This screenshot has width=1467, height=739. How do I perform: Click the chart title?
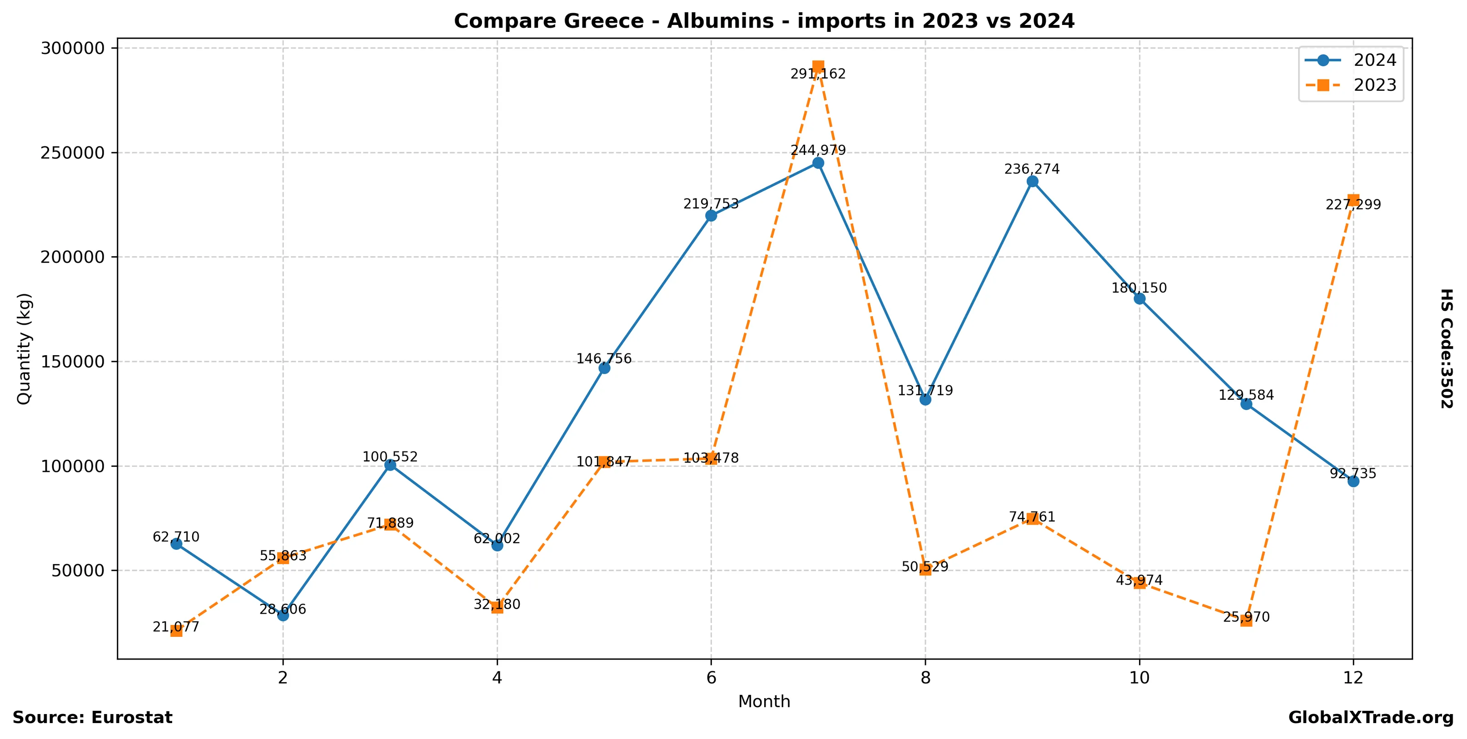pos(764,21)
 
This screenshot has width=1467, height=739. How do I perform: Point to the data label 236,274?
pos(1032,169)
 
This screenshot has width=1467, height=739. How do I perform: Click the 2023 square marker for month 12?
pos(1353,200)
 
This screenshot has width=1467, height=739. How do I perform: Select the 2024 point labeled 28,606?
pos(283,615)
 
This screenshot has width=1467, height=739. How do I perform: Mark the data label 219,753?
pos(711,204)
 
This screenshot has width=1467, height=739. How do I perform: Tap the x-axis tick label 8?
pos(925,678)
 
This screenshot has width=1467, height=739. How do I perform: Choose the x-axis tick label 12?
pos(1353,678)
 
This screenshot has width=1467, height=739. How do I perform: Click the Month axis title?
pos(764,701)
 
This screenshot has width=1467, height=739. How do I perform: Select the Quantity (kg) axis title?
pos(24,348)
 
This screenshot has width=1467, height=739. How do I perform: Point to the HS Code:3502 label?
pos(1447,348)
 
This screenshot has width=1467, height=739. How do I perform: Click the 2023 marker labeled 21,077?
pos(176,631)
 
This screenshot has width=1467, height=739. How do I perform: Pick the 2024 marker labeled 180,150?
pos(1139,298)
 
